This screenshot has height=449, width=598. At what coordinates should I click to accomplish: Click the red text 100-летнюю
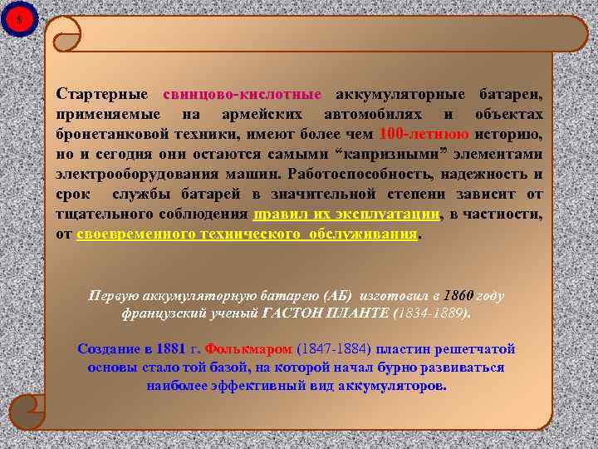click(424, 133)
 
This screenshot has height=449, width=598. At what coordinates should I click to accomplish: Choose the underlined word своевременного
click(136, 234)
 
